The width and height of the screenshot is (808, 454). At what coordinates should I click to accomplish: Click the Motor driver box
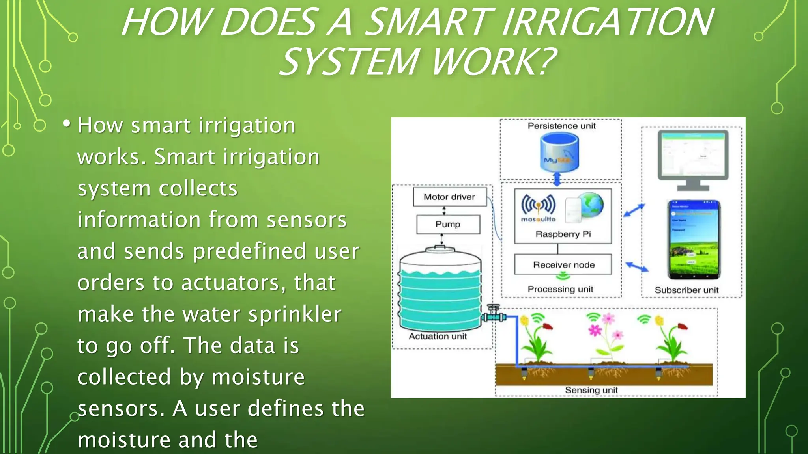[449, 197]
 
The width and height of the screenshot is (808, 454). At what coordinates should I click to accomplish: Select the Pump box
[448, 224]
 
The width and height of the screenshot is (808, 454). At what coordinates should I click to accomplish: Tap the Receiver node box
[563, 264]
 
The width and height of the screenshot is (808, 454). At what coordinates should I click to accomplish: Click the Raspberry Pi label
[563, 234]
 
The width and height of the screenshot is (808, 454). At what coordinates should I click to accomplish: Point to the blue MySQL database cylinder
[559, 153]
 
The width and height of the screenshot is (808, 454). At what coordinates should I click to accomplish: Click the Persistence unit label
[561, 126]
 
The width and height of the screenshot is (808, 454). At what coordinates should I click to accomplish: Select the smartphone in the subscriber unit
[694, 240]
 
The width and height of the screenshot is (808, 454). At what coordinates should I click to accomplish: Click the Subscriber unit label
[686, 290]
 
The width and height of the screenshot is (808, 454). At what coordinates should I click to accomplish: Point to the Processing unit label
[560, 289]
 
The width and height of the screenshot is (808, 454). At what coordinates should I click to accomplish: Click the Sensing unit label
[591, 390]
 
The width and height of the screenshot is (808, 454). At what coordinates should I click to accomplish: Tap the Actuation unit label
[438, 337]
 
